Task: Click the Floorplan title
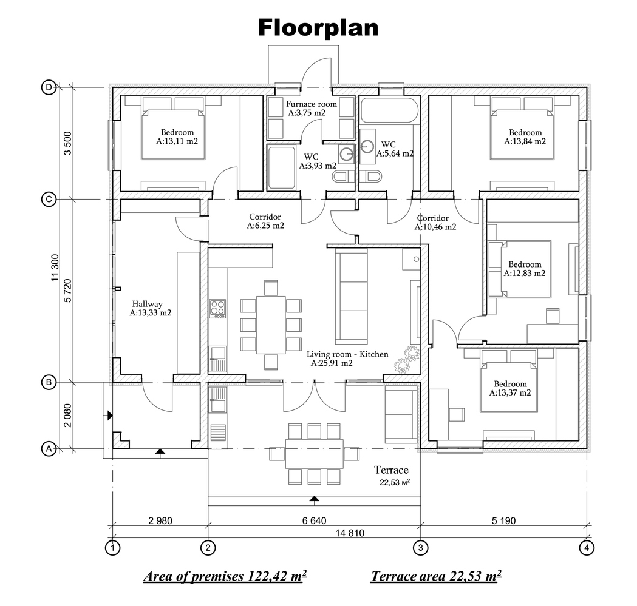tap(318, 27)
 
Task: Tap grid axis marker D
tap(49, 87)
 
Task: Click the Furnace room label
tap(312, 104)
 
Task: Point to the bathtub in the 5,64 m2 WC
tap(389, 112)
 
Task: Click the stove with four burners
tap(217, 309)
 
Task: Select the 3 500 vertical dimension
tap(68, 143)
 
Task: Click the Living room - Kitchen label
tap(347, 354)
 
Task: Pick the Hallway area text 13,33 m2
tap(150, 314)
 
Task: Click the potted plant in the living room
tap(407, 358)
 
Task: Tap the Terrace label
tap(391, 470)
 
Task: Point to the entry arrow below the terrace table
tap(314, 500)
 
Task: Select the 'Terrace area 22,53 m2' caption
tap(436, 576)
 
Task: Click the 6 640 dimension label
tap(314, 520)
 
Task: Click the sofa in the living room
tap(352, 298)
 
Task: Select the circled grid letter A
tap(49, 448)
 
